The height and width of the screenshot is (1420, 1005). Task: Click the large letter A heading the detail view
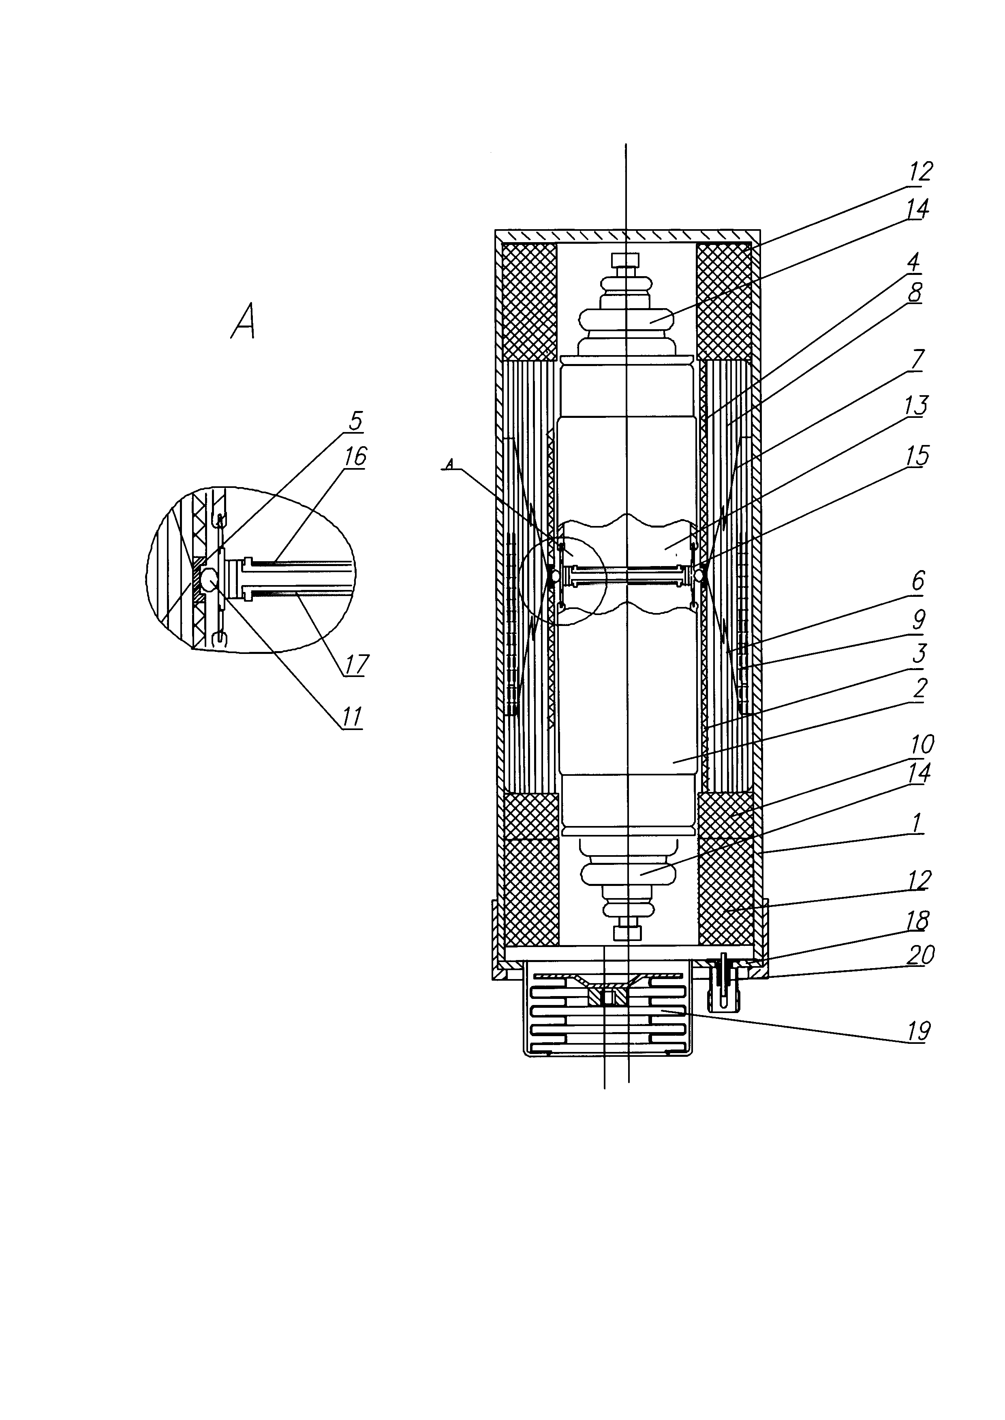pos(243,320)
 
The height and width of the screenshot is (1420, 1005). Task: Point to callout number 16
pos(356,457)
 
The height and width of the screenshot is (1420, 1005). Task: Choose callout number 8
pos(915,292)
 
